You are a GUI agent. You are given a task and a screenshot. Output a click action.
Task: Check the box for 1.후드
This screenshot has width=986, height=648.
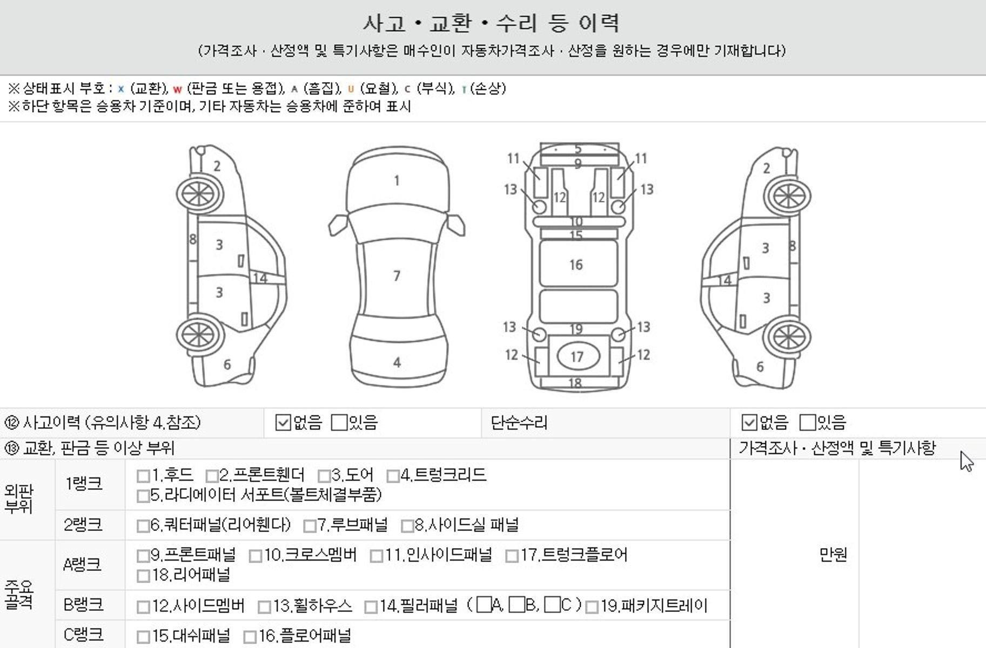click(143, 476)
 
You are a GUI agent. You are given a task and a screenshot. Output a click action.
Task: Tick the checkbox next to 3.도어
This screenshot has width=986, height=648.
click(324, 476)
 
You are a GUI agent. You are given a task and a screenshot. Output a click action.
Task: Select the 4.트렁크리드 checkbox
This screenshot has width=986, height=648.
click(393, 476)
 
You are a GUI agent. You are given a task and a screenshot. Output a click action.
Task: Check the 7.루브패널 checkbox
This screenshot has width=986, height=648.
click(310, 525)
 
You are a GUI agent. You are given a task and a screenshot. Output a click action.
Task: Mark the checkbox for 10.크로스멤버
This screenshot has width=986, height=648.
click(256, 556)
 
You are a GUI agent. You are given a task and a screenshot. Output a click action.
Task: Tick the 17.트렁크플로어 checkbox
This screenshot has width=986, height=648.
click(512, 556)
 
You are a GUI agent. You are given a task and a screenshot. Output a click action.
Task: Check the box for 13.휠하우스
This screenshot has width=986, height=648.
click(264, 607)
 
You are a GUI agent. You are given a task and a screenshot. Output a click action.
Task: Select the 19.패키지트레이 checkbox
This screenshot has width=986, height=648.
click(592, 607)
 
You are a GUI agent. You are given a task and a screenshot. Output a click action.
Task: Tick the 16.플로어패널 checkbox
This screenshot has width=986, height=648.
click(250, 637)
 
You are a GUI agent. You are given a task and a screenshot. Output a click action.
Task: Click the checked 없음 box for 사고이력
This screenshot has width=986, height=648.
click(283, 422)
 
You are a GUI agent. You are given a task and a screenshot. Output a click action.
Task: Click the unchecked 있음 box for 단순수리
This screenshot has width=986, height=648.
click(807, 422)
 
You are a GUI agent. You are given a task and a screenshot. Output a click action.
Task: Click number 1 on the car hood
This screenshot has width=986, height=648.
click(397, 180)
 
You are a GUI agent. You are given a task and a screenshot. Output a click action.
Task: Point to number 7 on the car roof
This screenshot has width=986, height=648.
click(397, 276)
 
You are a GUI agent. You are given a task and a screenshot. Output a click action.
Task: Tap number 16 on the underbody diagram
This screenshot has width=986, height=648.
click(576, 265)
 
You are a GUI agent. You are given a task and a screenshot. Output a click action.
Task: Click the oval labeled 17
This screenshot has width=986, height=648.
click(578, 356)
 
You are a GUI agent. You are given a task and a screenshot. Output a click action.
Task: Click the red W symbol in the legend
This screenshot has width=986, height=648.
click(177, 90)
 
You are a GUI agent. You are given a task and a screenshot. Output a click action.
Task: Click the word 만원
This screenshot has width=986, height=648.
click(833, 554)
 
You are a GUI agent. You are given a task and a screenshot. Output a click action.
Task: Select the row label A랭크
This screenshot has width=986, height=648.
click(82, 565)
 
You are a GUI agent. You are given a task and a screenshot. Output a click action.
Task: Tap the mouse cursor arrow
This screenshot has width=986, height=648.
click(966, 461)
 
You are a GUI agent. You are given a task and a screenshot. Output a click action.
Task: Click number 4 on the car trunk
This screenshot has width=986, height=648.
click(397, 362)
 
